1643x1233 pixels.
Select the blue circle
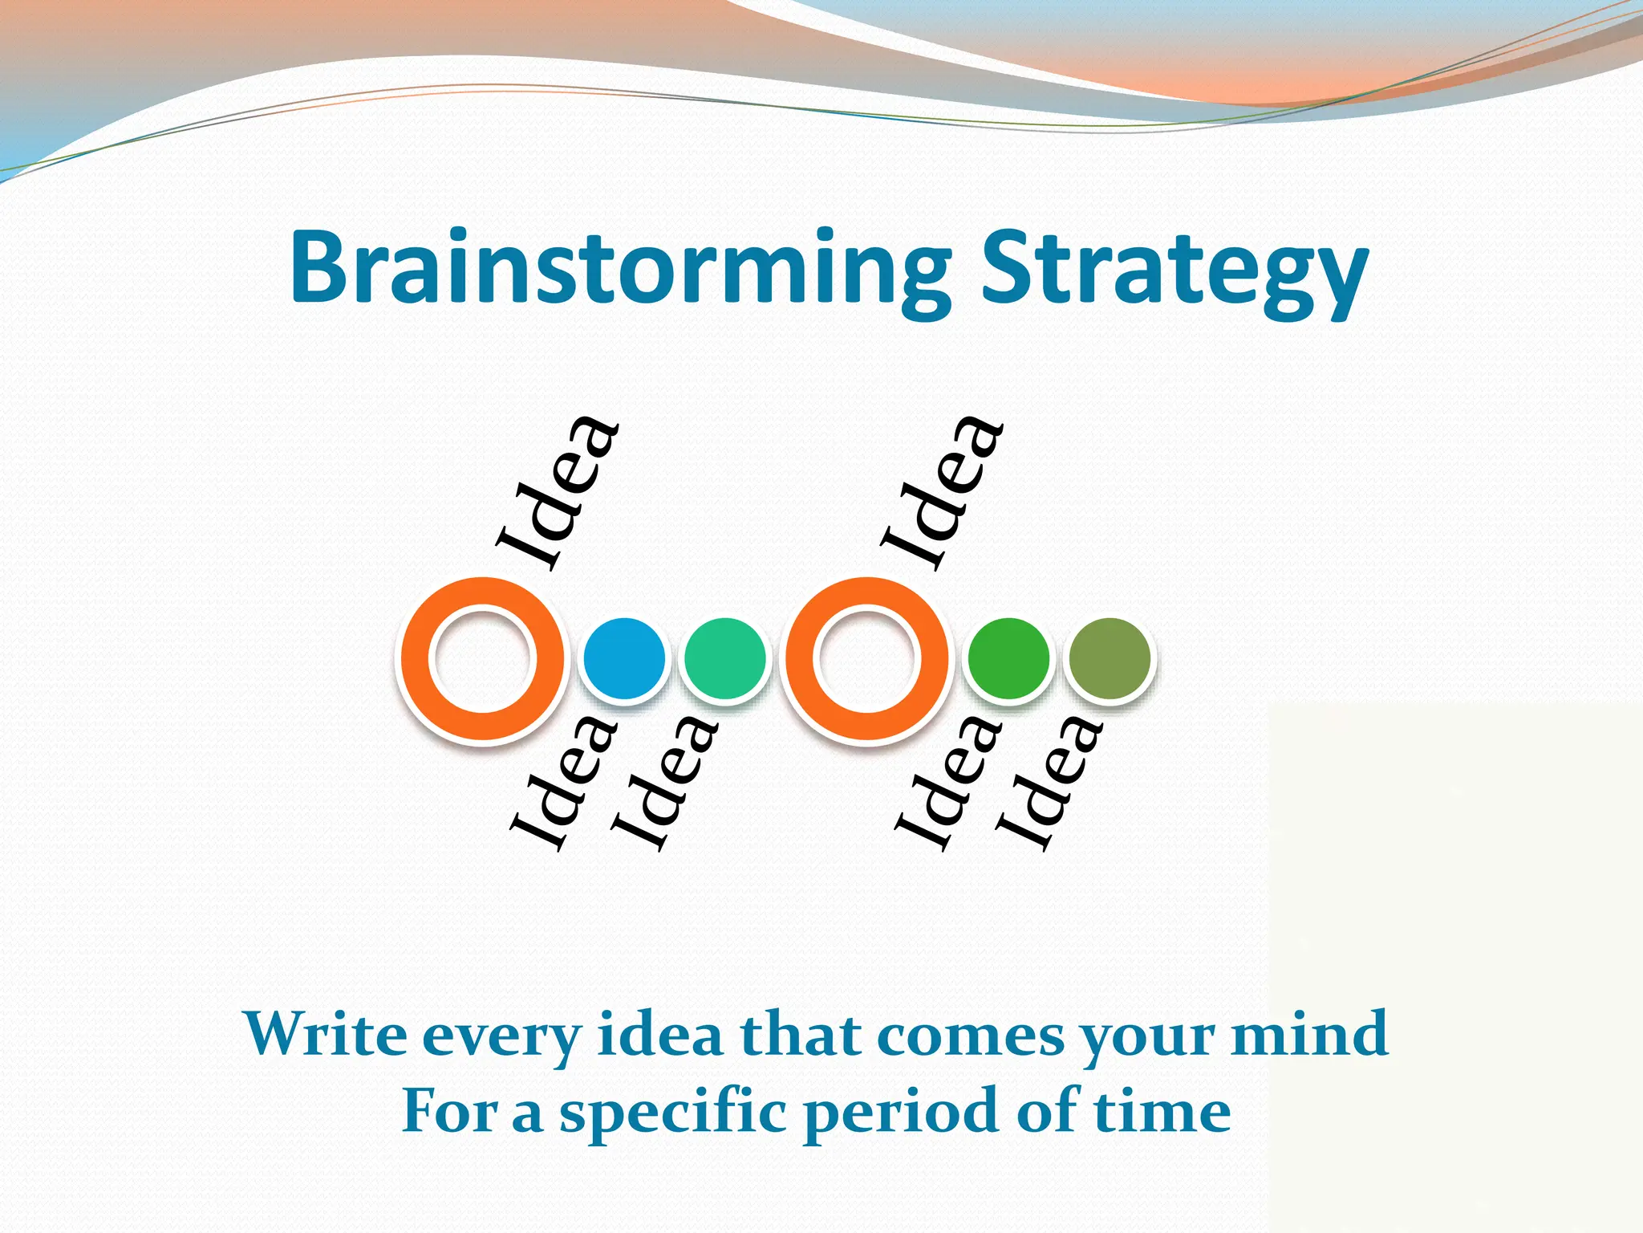coord(624,658)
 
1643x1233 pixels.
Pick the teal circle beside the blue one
coord(724,658)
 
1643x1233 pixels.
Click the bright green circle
coord(1008,658)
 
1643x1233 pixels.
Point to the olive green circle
coord(1110,658)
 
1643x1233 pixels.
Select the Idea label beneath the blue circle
coord(566,783)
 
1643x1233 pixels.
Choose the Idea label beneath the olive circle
coord(1050,783)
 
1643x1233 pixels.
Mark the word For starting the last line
coord(449,1112)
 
